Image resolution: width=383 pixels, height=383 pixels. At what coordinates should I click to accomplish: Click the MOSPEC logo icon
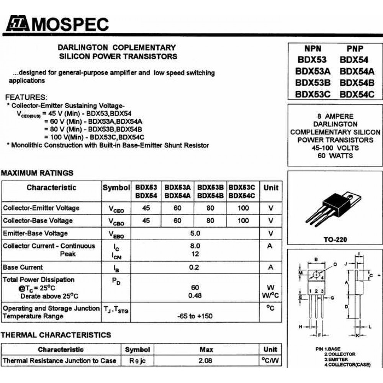pos(17,25)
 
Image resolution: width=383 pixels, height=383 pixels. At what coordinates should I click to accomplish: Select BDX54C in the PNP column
pos(357,94)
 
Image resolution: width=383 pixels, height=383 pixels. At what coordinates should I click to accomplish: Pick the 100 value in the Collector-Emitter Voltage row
pos(243,208)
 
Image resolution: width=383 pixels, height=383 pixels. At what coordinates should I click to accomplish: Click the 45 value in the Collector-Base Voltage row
pos(146,221)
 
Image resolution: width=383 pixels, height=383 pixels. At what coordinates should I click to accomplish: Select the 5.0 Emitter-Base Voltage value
pos(195,233)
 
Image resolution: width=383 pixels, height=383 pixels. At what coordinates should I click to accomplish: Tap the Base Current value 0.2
pos(194,267)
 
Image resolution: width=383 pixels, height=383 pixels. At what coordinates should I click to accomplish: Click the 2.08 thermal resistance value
pos(205,360)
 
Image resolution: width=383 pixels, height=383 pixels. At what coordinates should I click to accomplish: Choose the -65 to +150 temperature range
pos(195,316)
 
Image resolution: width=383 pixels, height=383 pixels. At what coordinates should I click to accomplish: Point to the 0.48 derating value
pos(195,296)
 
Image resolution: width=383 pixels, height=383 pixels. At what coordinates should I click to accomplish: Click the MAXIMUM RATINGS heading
pos(37,173)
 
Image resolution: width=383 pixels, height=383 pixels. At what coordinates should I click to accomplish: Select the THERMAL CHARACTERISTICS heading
pos(56,335)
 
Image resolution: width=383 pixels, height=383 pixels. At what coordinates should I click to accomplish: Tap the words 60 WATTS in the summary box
pos(335,156)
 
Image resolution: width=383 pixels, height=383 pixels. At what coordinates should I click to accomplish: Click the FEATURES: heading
pos(26,97)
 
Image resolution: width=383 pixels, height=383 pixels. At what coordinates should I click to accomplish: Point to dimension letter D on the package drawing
pos(346,307)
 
